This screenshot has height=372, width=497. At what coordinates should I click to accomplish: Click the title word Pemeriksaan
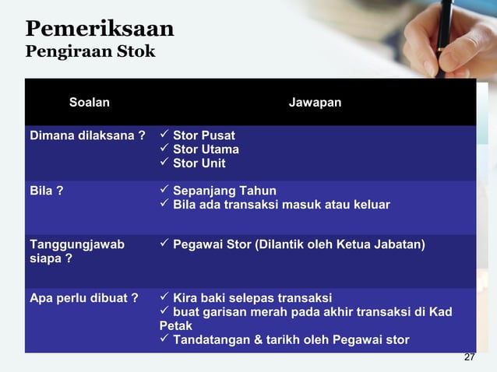coord(100,29)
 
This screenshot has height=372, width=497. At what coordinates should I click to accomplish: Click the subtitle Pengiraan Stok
coord(90,52)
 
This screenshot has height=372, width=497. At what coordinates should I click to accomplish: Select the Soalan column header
coord(90,102)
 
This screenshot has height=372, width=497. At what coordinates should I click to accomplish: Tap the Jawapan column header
coord(315,102)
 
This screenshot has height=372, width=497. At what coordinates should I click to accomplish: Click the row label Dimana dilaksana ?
coord(87,135)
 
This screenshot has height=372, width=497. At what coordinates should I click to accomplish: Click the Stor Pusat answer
coord(203,135)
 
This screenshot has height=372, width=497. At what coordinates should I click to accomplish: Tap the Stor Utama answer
coord(206,149)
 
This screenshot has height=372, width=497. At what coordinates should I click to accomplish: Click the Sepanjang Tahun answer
coord(224,191)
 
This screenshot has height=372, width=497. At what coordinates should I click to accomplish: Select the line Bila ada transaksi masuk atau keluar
coord(281,205)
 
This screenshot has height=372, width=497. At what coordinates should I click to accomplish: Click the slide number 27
coord(469,357)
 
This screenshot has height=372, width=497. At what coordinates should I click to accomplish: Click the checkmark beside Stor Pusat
coord(164,135)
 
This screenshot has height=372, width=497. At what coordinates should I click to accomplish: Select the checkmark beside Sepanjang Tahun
coord(164,191)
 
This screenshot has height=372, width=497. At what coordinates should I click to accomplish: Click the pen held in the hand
coord(450,23)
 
